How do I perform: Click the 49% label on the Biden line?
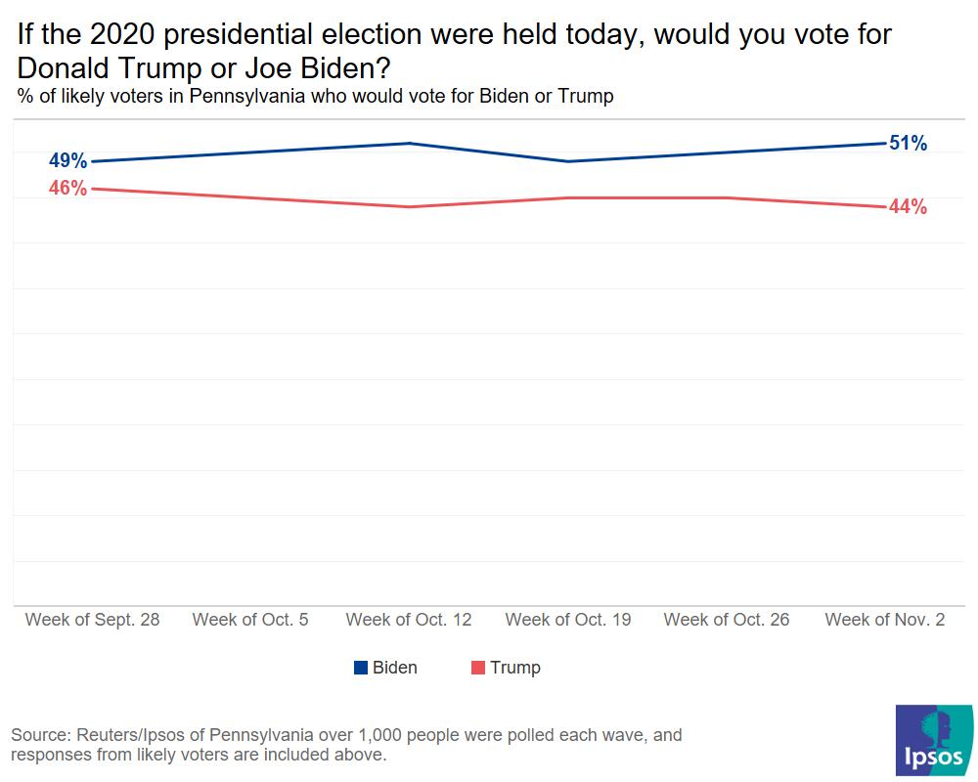click(x=67, y=161)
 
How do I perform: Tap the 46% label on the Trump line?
click(x=67, y=189)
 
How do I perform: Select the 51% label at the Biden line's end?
click(x=908, y=144)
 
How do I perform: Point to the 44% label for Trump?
click(x=908, y=207)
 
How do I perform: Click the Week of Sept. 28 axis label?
click(x=92, y=620)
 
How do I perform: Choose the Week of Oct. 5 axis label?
click(x=250, y=620)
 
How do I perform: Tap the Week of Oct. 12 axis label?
click(x=409, y=620)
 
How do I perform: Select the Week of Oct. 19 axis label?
click(x=568, y=620)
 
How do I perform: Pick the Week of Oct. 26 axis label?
click(x=727, y=620)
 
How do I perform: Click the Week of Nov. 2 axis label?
click(x=885, y=620)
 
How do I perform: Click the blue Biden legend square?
click(x=361, y=668)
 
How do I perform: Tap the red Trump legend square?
click(x=478, y=668)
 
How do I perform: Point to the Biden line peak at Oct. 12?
click(x=409, y=143)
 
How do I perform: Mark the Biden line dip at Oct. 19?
click(x=568, y=161)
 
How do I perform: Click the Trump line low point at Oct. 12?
click(x=409, y=206)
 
